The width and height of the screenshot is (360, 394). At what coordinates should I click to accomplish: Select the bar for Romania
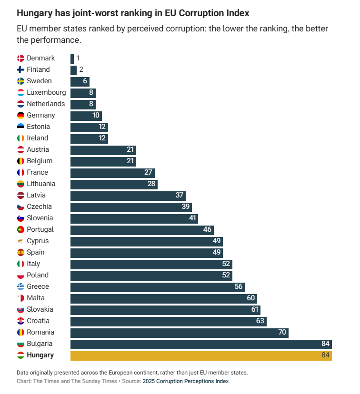pos(179,333)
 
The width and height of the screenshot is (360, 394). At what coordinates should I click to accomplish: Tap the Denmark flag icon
pos(21,59)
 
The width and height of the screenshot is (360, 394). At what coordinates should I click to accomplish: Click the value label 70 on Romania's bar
pos(282,333)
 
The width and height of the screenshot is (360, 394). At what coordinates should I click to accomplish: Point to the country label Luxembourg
pos(46,93)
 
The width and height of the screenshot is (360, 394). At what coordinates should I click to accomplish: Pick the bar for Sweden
pos(80,81)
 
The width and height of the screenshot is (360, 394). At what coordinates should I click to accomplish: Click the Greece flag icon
pos(21,287)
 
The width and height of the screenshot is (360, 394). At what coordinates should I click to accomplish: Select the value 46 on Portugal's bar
pos(207,230)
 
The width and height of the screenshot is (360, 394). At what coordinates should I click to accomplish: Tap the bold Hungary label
pos(40,355)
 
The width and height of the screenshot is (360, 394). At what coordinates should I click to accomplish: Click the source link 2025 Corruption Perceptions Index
pos(185,381)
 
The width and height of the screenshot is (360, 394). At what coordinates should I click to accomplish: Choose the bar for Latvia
pos(128,196)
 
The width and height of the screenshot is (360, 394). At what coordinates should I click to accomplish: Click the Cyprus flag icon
pos(21,241)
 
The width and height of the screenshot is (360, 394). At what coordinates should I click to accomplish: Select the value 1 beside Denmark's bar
pos(78,59)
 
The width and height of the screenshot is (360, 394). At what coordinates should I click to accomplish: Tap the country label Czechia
pos(39,207)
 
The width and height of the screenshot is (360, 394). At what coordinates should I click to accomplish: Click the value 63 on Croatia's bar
pos(260,321)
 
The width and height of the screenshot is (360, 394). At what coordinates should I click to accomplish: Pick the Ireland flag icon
pos(21,138)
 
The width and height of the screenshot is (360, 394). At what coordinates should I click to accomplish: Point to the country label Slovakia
pos(40,310)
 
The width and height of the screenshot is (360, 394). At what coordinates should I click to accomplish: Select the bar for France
pos(112,173)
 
